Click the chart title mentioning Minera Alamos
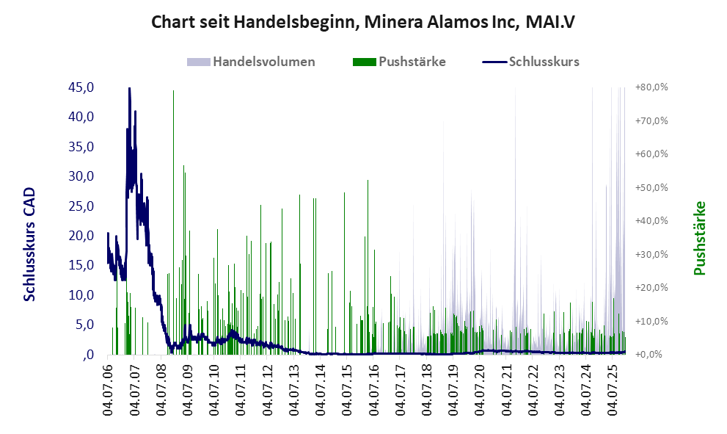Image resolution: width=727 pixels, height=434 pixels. [x=363, y=22]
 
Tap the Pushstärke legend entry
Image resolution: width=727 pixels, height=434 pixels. [x=412, y=62]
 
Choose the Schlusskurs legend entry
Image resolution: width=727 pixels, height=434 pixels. [x=544, y=62]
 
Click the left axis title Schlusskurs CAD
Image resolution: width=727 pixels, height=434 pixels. [x=30, y=244]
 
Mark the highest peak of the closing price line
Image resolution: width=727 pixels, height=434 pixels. [x=129, y=89]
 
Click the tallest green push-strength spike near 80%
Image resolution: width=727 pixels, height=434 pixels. [x=173, y=92]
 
